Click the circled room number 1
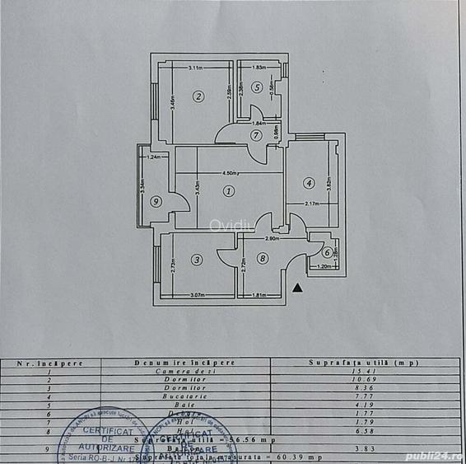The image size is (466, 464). tap(229, 191)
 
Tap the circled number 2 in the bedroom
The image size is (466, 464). tap(198, 96)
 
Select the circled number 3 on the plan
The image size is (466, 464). tap(196, 260)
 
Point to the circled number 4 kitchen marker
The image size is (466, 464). tap(308, 183)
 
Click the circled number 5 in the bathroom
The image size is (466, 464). tap(257, 87)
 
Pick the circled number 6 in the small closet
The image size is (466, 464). tap(327, 253)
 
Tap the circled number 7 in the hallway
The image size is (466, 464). tap(257, 135)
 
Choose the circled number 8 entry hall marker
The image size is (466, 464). tap(262, 259)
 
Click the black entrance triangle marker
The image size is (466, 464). tap(298, 288)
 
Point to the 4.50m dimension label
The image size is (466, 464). tap(230, 173)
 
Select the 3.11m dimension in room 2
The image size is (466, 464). tap(196, 68)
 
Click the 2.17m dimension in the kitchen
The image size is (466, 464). tap(311, 204)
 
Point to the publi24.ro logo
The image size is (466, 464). tap(432, 452)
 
